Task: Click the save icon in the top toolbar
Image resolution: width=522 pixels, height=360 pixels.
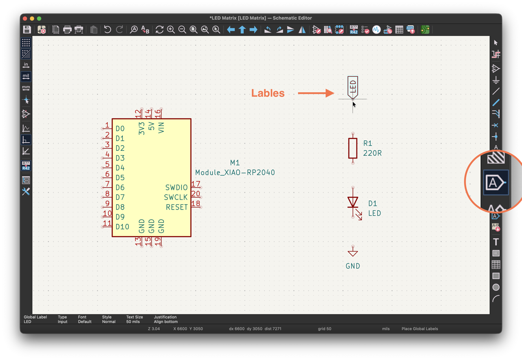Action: pyautogui.click(x=27, y=30)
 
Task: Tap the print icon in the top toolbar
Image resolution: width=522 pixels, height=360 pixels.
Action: pyautogui.click(x=67, y=30)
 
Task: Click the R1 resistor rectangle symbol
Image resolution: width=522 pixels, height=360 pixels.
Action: pyautogui.click(x=353, y=148)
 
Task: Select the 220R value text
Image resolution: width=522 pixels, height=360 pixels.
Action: pyautogui.click(x=372, y=153)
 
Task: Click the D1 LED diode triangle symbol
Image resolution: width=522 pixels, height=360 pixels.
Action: pyautogui.click(x=353, y=202)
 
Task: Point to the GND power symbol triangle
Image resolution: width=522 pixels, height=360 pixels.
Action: pyautogui.click(x=353, y=253)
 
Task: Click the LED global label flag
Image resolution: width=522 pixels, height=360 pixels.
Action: pyautogui.click(x=353, y=87)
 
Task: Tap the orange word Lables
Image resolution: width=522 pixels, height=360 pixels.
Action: pyautogui.click(x=268, y=93)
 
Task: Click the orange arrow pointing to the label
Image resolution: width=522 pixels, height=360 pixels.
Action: pyautogui.click(x=316, y=93)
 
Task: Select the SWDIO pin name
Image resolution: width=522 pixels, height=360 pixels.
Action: pyautogui.click(x=177, y=188)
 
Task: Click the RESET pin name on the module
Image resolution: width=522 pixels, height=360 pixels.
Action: pyautogui.click(x=177, y=207)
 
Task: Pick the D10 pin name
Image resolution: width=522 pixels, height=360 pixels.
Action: pyautogui.click(x=122, y=227)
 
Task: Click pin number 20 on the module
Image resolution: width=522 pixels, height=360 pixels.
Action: pyautogui.click(x=196, y=194)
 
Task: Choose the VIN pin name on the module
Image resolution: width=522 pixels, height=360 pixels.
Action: pyautogui.click(x=161, y=128)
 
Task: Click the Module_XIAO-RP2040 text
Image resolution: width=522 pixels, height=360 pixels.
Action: pyautogui.click(x=235, y=172)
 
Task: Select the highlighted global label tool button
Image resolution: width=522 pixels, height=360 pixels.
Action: pyautogui.click(x=495, y=183)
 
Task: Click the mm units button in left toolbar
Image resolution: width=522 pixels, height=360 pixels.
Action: pyautogui.click(x=26, y=88)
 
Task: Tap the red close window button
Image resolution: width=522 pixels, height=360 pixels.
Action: pyautogui.click(x=25, y=18)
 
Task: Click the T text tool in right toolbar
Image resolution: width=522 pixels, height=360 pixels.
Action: pyautogui.click(x=496, y=242)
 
